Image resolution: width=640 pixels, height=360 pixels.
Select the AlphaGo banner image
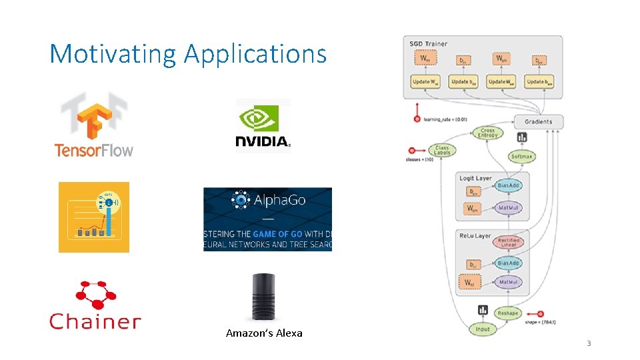(267, 219)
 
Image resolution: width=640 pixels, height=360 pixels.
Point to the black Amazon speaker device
(263, 297)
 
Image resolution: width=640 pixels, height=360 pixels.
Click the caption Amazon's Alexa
(264, 333)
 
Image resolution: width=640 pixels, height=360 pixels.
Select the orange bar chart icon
(94, 217)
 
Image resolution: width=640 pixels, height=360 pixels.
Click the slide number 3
(589, 343)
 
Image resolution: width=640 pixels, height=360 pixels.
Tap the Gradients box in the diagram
(538, 122)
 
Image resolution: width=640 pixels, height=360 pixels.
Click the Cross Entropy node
(488, 133)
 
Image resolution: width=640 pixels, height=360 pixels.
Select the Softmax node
(521, 157)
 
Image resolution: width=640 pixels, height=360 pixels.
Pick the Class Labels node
(442, 150)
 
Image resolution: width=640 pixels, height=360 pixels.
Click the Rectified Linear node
(509, 242)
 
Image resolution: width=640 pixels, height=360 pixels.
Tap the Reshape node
(507, 313)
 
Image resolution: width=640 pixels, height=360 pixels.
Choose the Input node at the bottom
(483, 329)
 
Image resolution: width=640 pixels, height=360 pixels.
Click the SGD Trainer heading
(429, 44)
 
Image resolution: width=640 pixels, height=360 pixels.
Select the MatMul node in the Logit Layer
(509, 208)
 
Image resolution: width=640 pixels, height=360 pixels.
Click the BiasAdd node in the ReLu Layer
(509, 263)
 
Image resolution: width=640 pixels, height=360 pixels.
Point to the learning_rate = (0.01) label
(445, 119)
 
